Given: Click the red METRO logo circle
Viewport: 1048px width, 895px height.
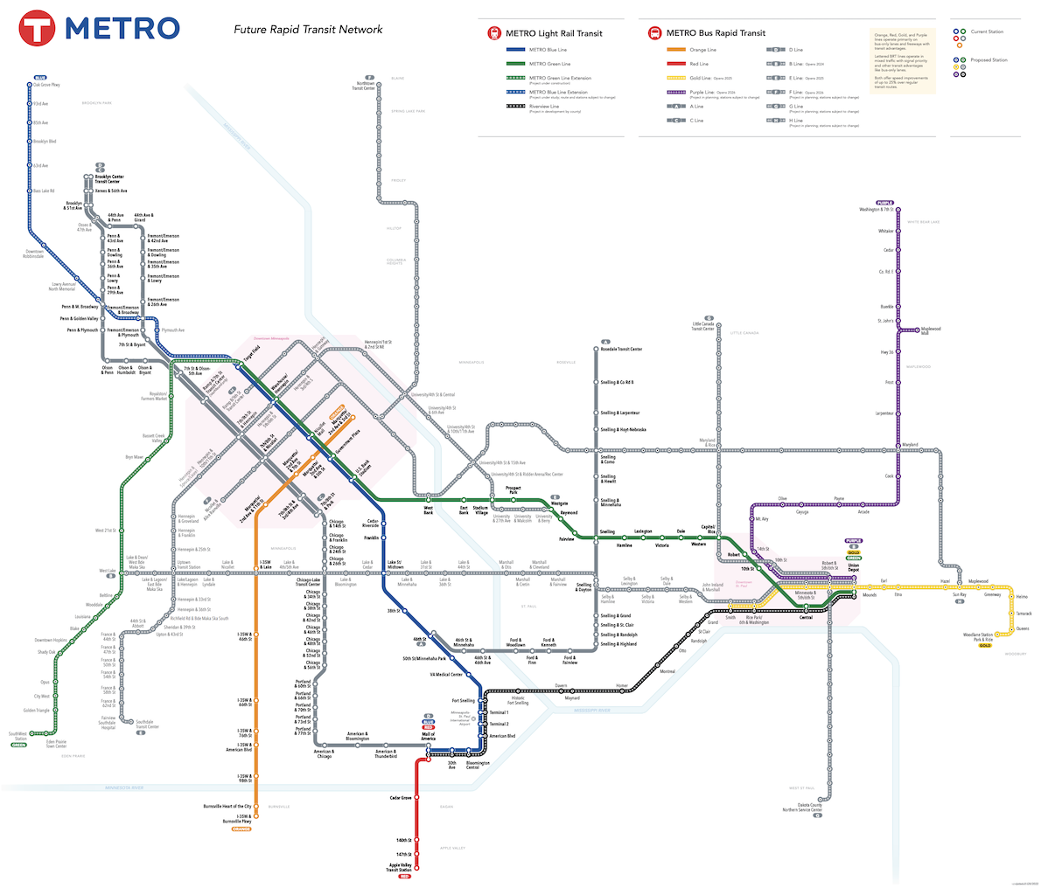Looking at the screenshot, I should point(37,29).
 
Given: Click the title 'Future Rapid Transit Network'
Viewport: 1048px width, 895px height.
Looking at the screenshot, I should point(308,30).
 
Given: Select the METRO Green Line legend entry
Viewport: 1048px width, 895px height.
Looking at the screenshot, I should point(549,64).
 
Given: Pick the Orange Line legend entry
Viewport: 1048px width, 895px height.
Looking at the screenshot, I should point(702,50).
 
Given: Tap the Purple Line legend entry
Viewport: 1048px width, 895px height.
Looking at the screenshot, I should point(702,92).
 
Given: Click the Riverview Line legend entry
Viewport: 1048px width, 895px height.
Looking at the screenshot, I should point(544,106).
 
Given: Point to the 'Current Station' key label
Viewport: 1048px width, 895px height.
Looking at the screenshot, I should point(987,31).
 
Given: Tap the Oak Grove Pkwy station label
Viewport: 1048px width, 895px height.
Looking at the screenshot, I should point(46,85).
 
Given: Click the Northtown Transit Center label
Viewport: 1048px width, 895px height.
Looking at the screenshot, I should point(363,86).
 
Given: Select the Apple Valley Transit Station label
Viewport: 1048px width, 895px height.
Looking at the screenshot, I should point(400,867).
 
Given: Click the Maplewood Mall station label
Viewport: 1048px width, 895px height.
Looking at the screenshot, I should point(930,330).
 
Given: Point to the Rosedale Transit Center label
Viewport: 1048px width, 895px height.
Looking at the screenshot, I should point(621,349).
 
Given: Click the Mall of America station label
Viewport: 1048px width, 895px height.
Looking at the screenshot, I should point(428,736).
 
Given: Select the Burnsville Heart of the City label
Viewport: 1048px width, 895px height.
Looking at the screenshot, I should point(227,806).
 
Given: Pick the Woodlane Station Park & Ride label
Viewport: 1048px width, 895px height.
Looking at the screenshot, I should point(978,636).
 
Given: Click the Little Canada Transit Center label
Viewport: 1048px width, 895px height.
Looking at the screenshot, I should point(703,326).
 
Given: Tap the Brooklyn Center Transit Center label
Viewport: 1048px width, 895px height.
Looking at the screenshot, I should point(109,178).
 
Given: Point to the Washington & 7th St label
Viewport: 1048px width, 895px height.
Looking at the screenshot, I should point(877,210).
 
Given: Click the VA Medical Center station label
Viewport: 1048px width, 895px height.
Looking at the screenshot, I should point(446,675).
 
